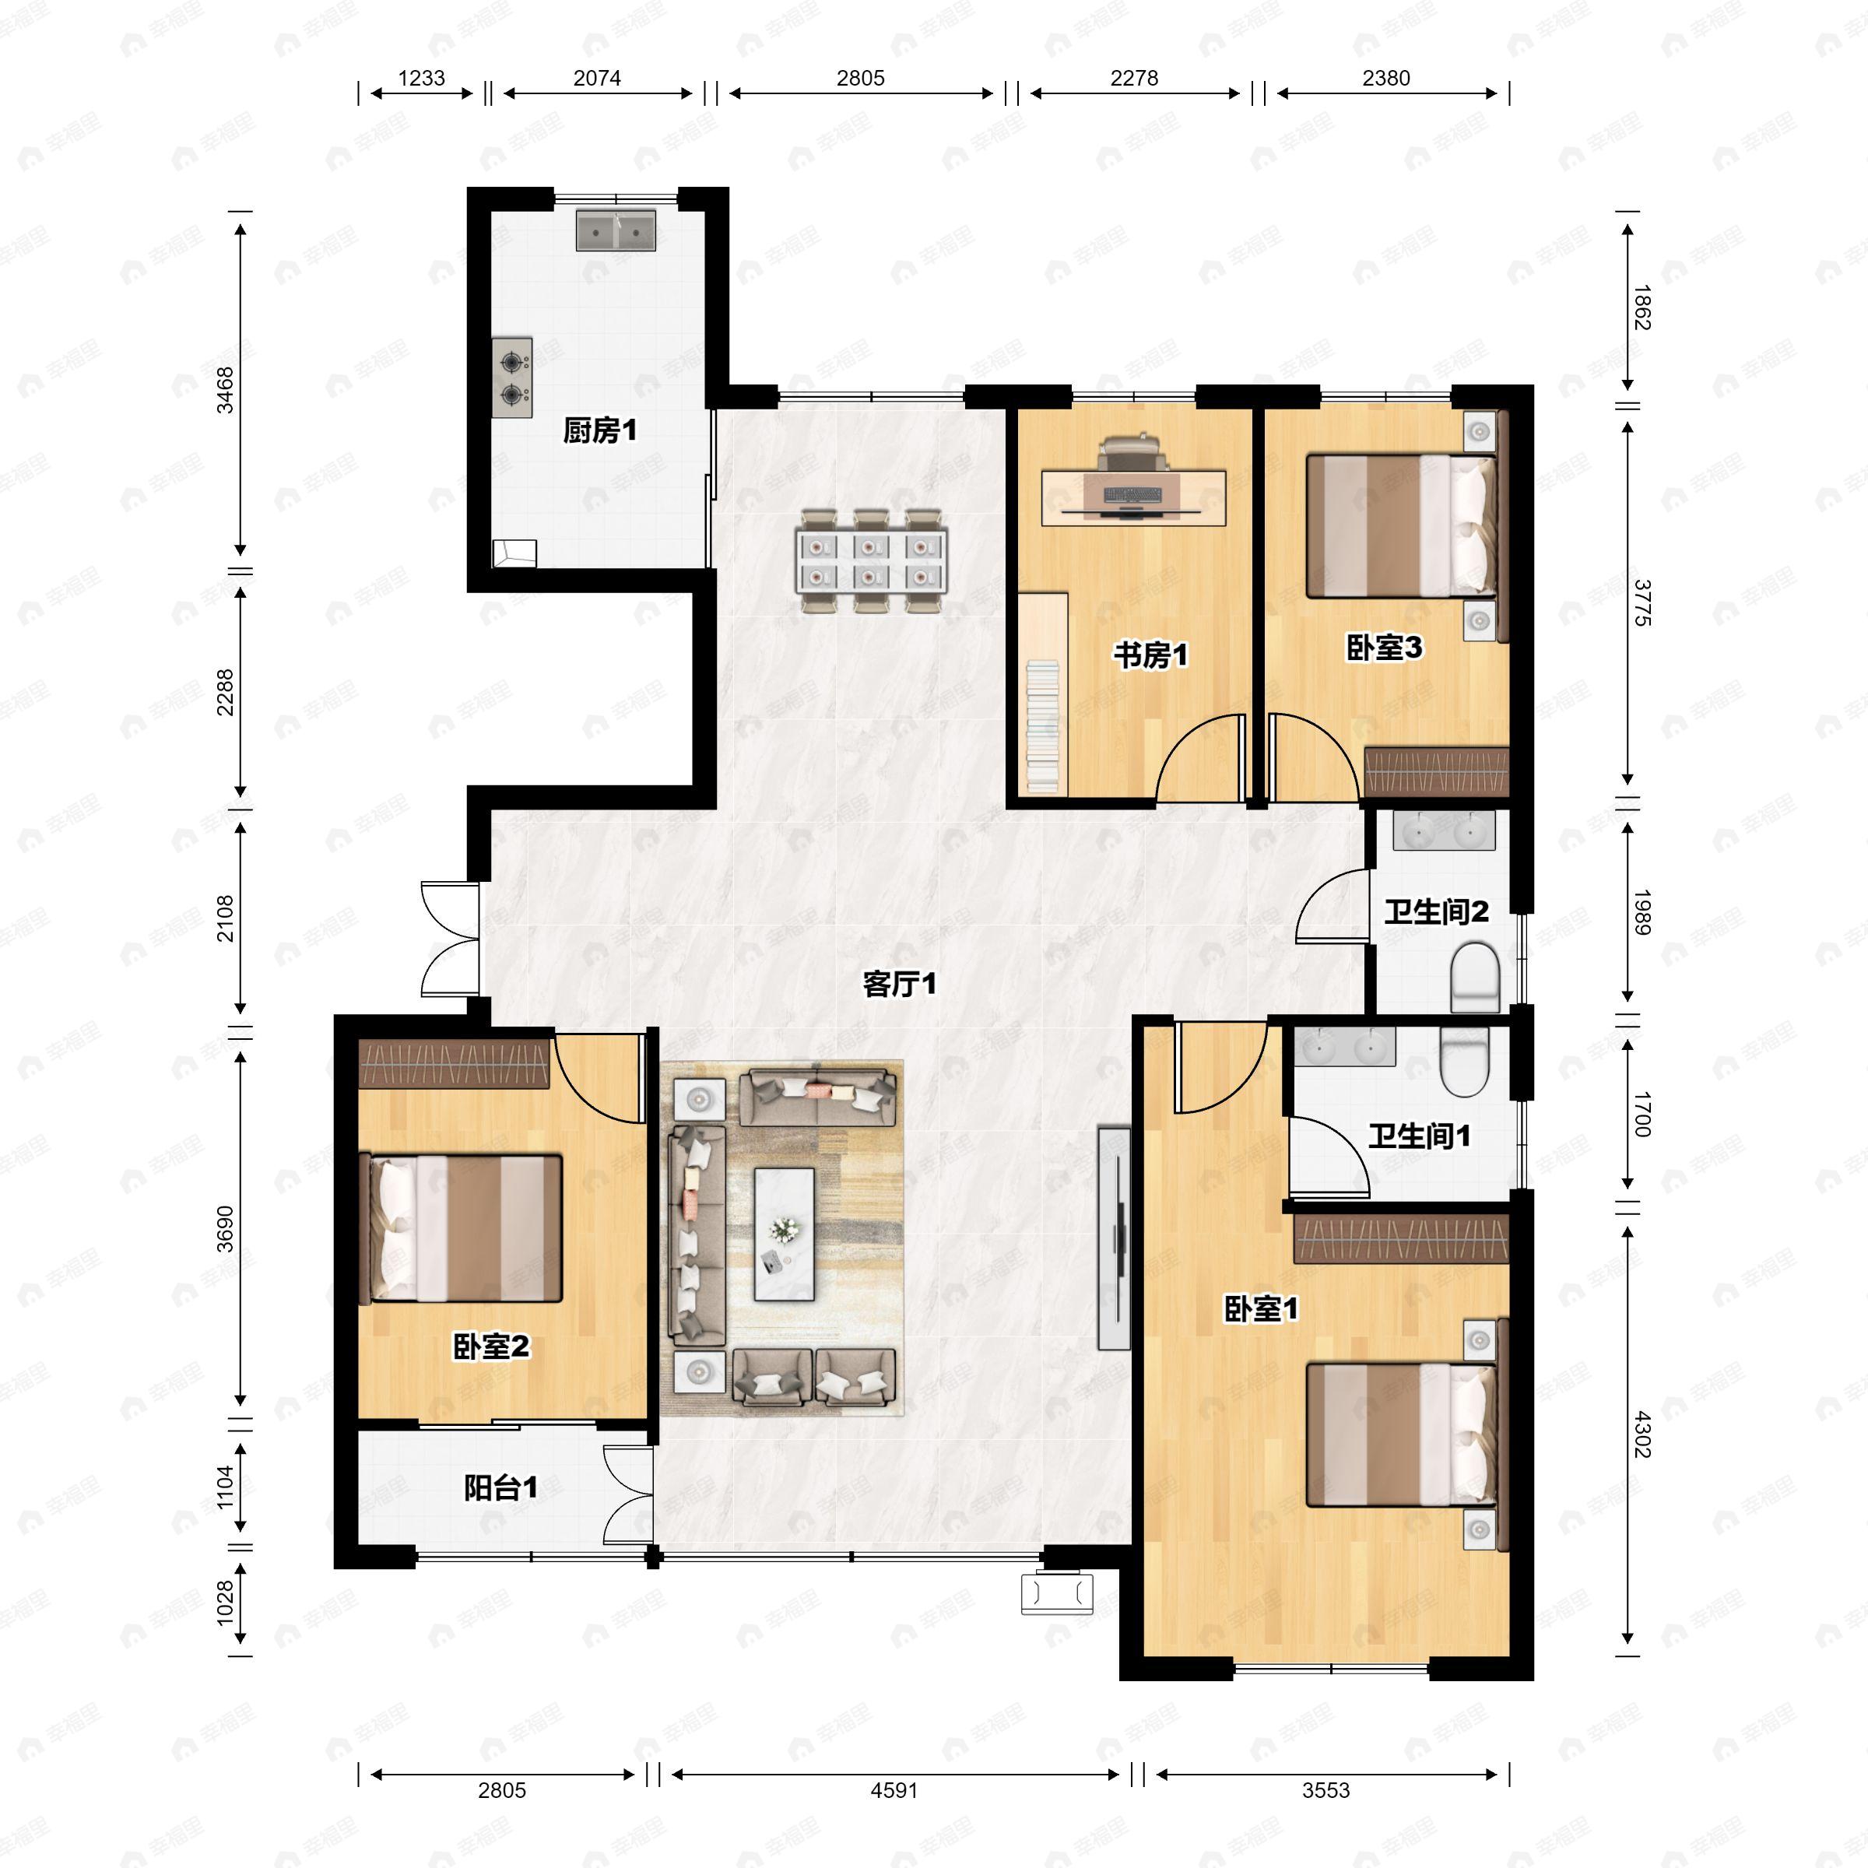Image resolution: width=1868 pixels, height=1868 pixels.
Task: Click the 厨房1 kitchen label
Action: (599, 430)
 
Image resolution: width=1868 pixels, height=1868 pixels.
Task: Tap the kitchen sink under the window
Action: (616, 230)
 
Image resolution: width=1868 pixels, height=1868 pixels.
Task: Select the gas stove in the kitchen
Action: (511, 377)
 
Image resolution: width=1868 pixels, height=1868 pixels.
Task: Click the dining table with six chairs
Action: (870, 560)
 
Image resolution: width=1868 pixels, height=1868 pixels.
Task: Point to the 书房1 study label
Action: (1150, 655)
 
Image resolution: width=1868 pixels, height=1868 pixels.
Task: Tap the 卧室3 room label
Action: (1385, 648)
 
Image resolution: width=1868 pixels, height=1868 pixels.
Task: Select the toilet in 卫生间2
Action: (1474, 978)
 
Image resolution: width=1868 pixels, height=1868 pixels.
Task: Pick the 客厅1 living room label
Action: (899, 985)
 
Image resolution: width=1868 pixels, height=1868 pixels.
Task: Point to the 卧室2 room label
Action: (491, 1346)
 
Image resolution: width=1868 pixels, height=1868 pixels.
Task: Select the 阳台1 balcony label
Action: (500, 1487)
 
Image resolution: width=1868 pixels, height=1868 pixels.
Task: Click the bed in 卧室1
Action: (1401, 1434)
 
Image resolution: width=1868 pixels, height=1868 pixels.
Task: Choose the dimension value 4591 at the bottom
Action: (894, 1789)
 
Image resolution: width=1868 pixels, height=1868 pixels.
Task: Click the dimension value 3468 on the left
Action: (224, 391)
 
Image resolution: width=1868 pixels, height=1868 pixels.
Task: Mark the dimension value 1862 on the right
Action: (1641, 307)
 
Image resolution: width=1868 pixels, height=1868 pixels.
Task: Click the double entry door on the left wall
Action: (451, 938)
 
